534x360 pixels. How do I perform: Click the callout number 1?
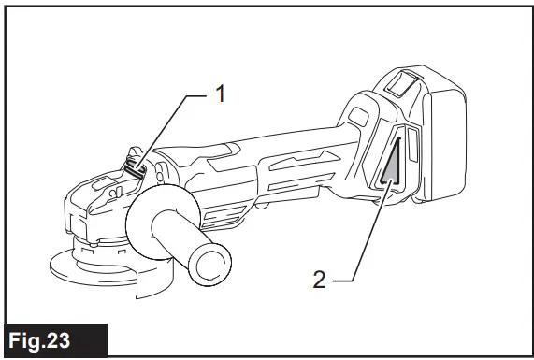pyautogui.click(x=221, y=94)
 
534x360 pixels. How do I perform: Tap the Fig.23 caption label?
pyautogui.click(x=54, y=338)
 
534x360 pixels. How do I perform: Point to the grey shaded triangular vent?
pyautogui.click(x=391, y=167)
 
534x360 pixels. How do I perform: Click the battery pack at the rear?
pyautogui.click(x=440, y=140)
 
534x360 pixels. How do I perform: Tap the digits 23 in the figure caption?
pyautogui.click(x=79, y=338)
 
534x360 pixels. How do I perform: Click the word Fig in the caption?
pyautogui.click(x=35, y=338)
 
